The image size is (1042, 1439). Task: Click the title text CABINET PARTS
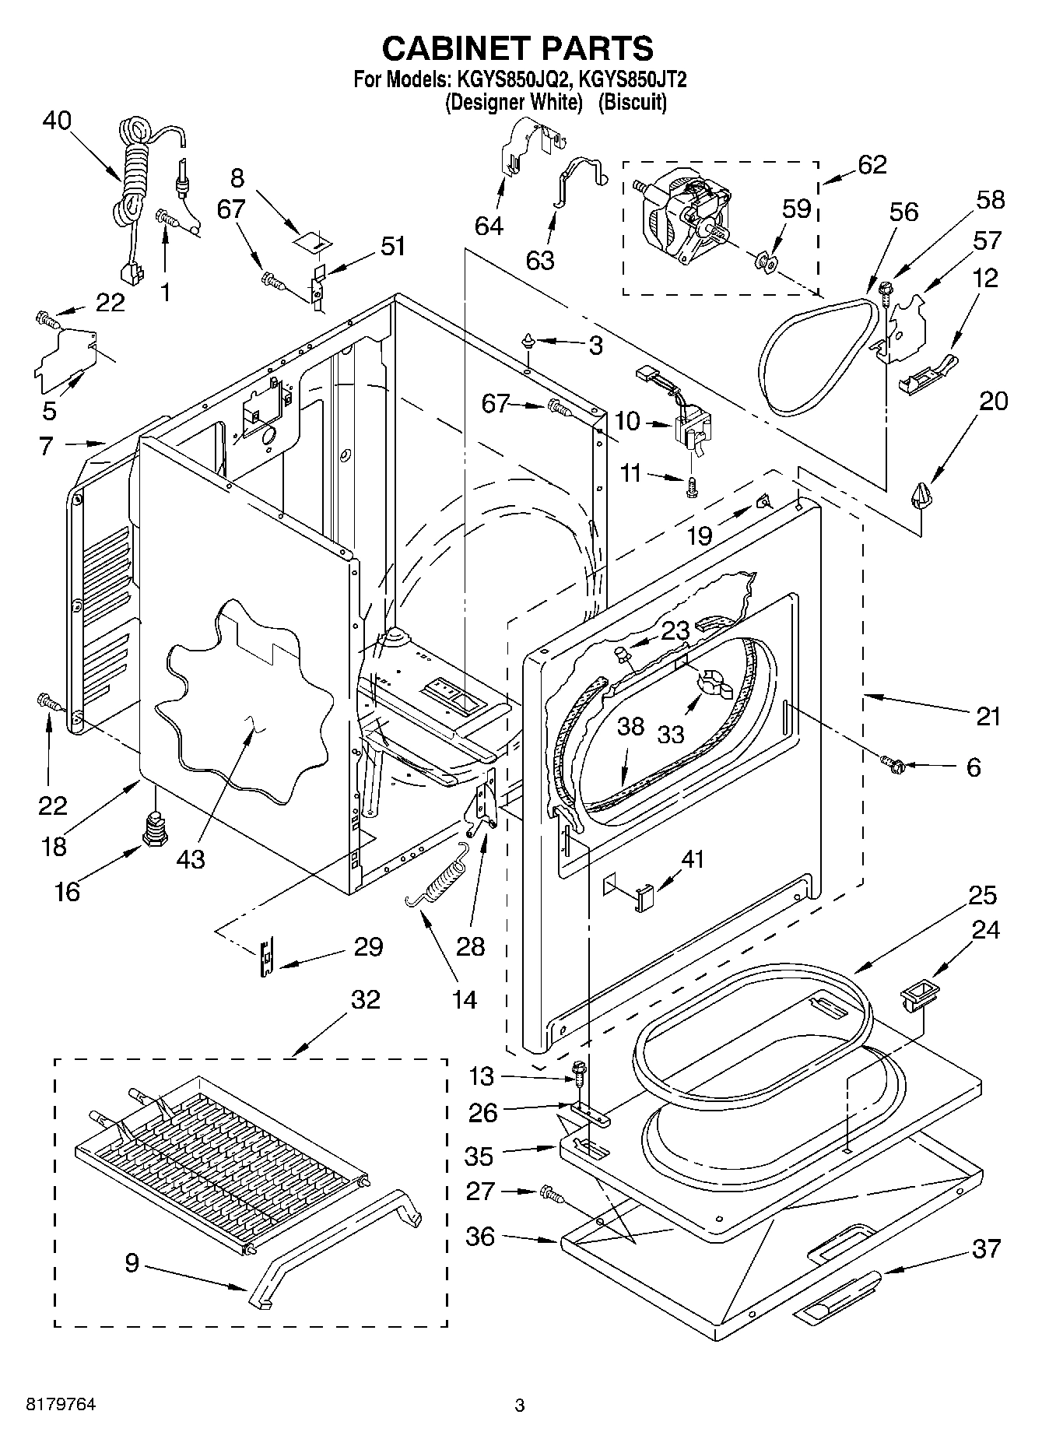[517, 48]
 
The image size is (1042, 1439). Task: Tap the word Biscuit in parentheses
[632, 102]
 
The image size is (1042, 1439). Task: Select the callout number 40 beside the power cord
[57, 121]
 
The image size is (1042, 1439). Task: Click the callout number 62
[872, 164]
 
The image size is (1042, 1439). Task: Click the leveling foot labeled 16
[154, 828]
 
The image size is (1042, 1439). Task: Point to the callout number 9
[132, 1262]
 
